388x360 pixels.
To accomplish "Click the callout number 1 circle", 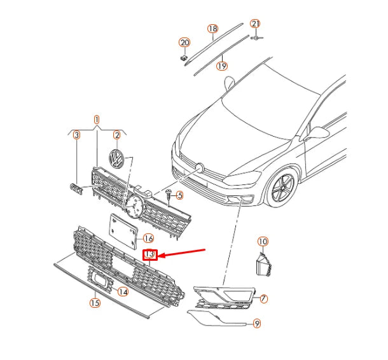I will pos(97,120).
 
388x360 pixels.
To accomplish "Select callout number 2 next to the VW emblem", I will pos(117,135).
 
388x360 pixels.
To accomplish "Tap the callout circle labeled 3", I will pos(76,135).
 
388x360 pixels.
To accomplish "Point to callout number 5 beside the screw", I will pos(179,195).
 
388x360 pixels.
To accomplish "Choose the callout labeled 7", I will pos(263,298).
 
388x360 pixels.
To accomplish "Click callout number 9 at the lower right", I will pos(256,324).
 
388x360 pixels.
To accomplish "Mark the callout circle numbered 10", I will pos(263,242).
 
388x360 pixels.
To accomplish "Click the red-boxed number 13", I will pos(150,255).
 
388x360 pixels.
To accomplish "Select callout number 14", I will pos(123,292).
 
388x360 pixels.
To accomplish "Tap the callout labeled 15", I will pos(95,303).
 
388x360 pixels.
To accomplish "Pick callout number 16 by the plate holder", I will pos(148,239).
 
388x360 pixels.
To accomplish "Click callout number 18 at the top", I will pos(212,29).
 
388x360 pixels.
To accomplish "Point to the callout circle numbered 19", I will pos(221,65).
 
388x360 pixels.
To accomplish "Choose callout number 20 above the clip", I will pos(184,43).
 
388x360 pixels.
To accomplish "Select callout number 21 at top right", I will pos(255,24).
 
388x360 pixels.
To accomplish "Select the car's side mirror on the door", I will pos(318,132).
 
